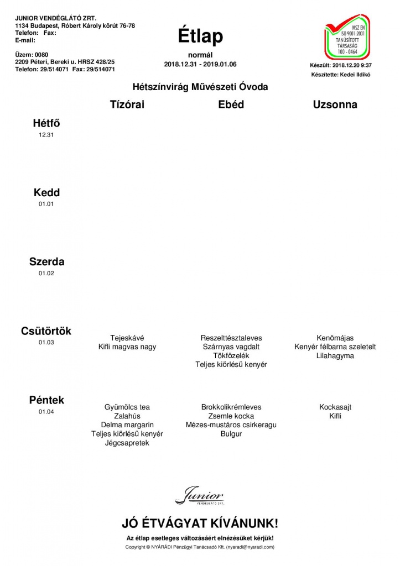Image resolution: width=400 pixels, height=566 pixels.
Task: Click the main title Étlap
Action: click(x=200, y=36)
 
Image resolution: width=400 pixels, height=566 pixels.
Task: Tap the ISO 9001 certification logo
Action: click(x=347, y=37)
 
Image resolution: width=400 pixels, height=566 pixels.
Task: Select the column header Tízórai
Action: click(x=127, y=104)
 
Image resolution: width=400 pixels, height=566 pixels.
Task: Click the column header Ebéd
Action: click(x=231, y=104)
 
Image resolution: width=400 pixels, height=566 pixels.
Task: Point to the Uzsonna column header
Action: click(x=335, y=104)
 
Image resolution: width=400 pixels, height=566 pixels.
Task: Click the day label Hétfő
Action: click(x=46, y=124)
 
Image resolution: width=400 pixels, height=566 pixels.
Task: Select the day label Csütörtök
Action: click(x=46, y=331)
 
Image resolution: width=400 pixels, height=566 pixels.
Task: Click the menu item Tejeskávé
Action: click(x=127, y=338)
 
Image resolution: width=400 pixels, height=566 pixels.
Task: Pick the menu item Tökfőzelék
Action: click(x=231, y=355)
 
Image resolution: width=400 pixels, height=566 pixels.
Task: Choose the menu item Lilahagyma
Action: click(x=335, y=355)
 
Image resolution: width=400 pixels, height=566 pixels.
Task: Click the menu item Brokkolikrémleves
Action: click(x=231, y=407)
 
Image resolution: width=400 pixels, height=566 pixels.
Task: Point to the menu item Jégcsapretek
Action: click(x=127, y=443)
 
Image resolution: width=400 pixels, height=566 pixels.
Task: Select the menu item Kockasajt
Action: click(x=335, y=407)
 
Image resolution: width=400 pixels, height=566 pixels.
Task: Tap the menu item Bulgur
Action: click(x=231, y=434)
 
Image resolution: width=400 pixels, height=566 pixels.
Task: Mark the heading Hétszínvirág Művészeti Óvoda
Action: click(x=200, y=87)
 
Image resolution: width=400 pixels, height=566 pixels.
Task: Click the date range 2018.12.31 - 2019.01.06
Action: click(x=200, y=65)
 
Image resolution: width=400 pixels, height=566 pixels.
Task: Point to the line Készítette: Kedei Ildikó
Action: click(x=340, y=74)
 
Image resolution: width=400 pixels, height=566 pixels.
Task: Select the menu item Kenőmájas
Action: click(x=335, y=338)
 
